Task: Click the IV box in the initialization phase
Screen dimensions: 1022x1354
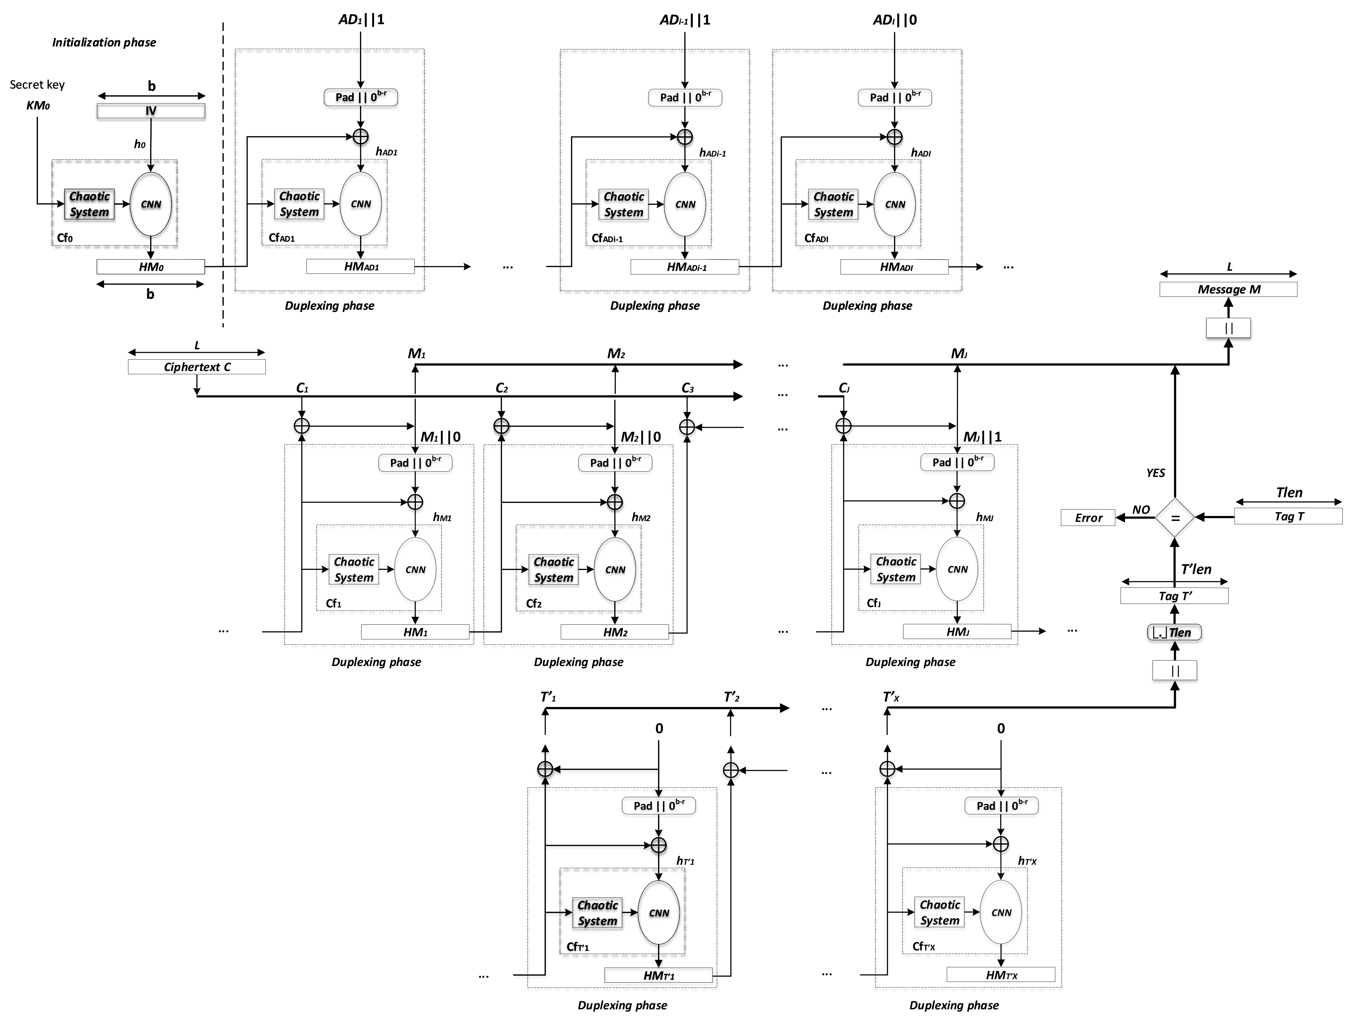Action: coord(150,111)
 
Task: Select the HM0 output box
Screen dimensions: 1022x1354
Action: coord(150,267)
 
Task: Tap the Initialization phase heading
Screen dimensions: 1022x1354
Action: coord(104,42)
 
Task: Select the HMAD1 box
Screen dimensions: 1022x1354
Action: coord(361,267)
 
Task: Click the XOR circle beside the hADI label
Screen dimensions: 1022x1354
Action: coord(895,136)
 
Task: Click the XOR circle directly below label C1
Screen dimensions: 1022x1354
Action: coord(302,426)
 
